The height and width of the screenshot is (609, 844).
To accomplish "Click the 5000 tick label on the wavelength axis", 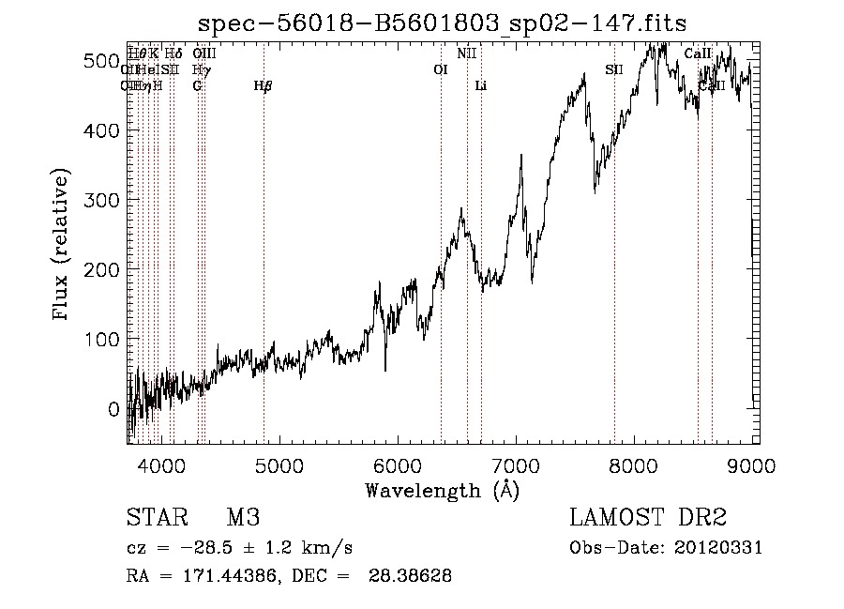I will [279, 464].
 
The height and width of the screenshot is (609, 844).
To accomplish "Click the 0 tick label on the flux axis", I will [113, 409].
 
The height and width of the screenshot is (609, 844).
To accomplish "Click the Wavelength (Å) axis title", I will [442, 490].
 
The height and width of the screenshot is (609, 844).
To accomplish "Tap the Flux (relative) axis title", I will [63, 246].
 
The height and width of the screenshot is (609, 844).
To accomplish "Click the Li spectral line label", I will [481, 86].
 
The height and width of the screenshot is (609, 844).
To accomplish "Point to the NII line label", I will [467, 53].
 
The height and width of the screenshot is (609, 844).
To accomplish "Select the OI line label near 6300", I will [441, 69].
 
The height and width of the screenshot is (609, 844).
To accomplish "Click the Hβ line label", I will [264, 86].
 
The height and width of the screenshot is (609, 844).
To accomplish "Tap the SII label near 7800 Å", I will [614, 69].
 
